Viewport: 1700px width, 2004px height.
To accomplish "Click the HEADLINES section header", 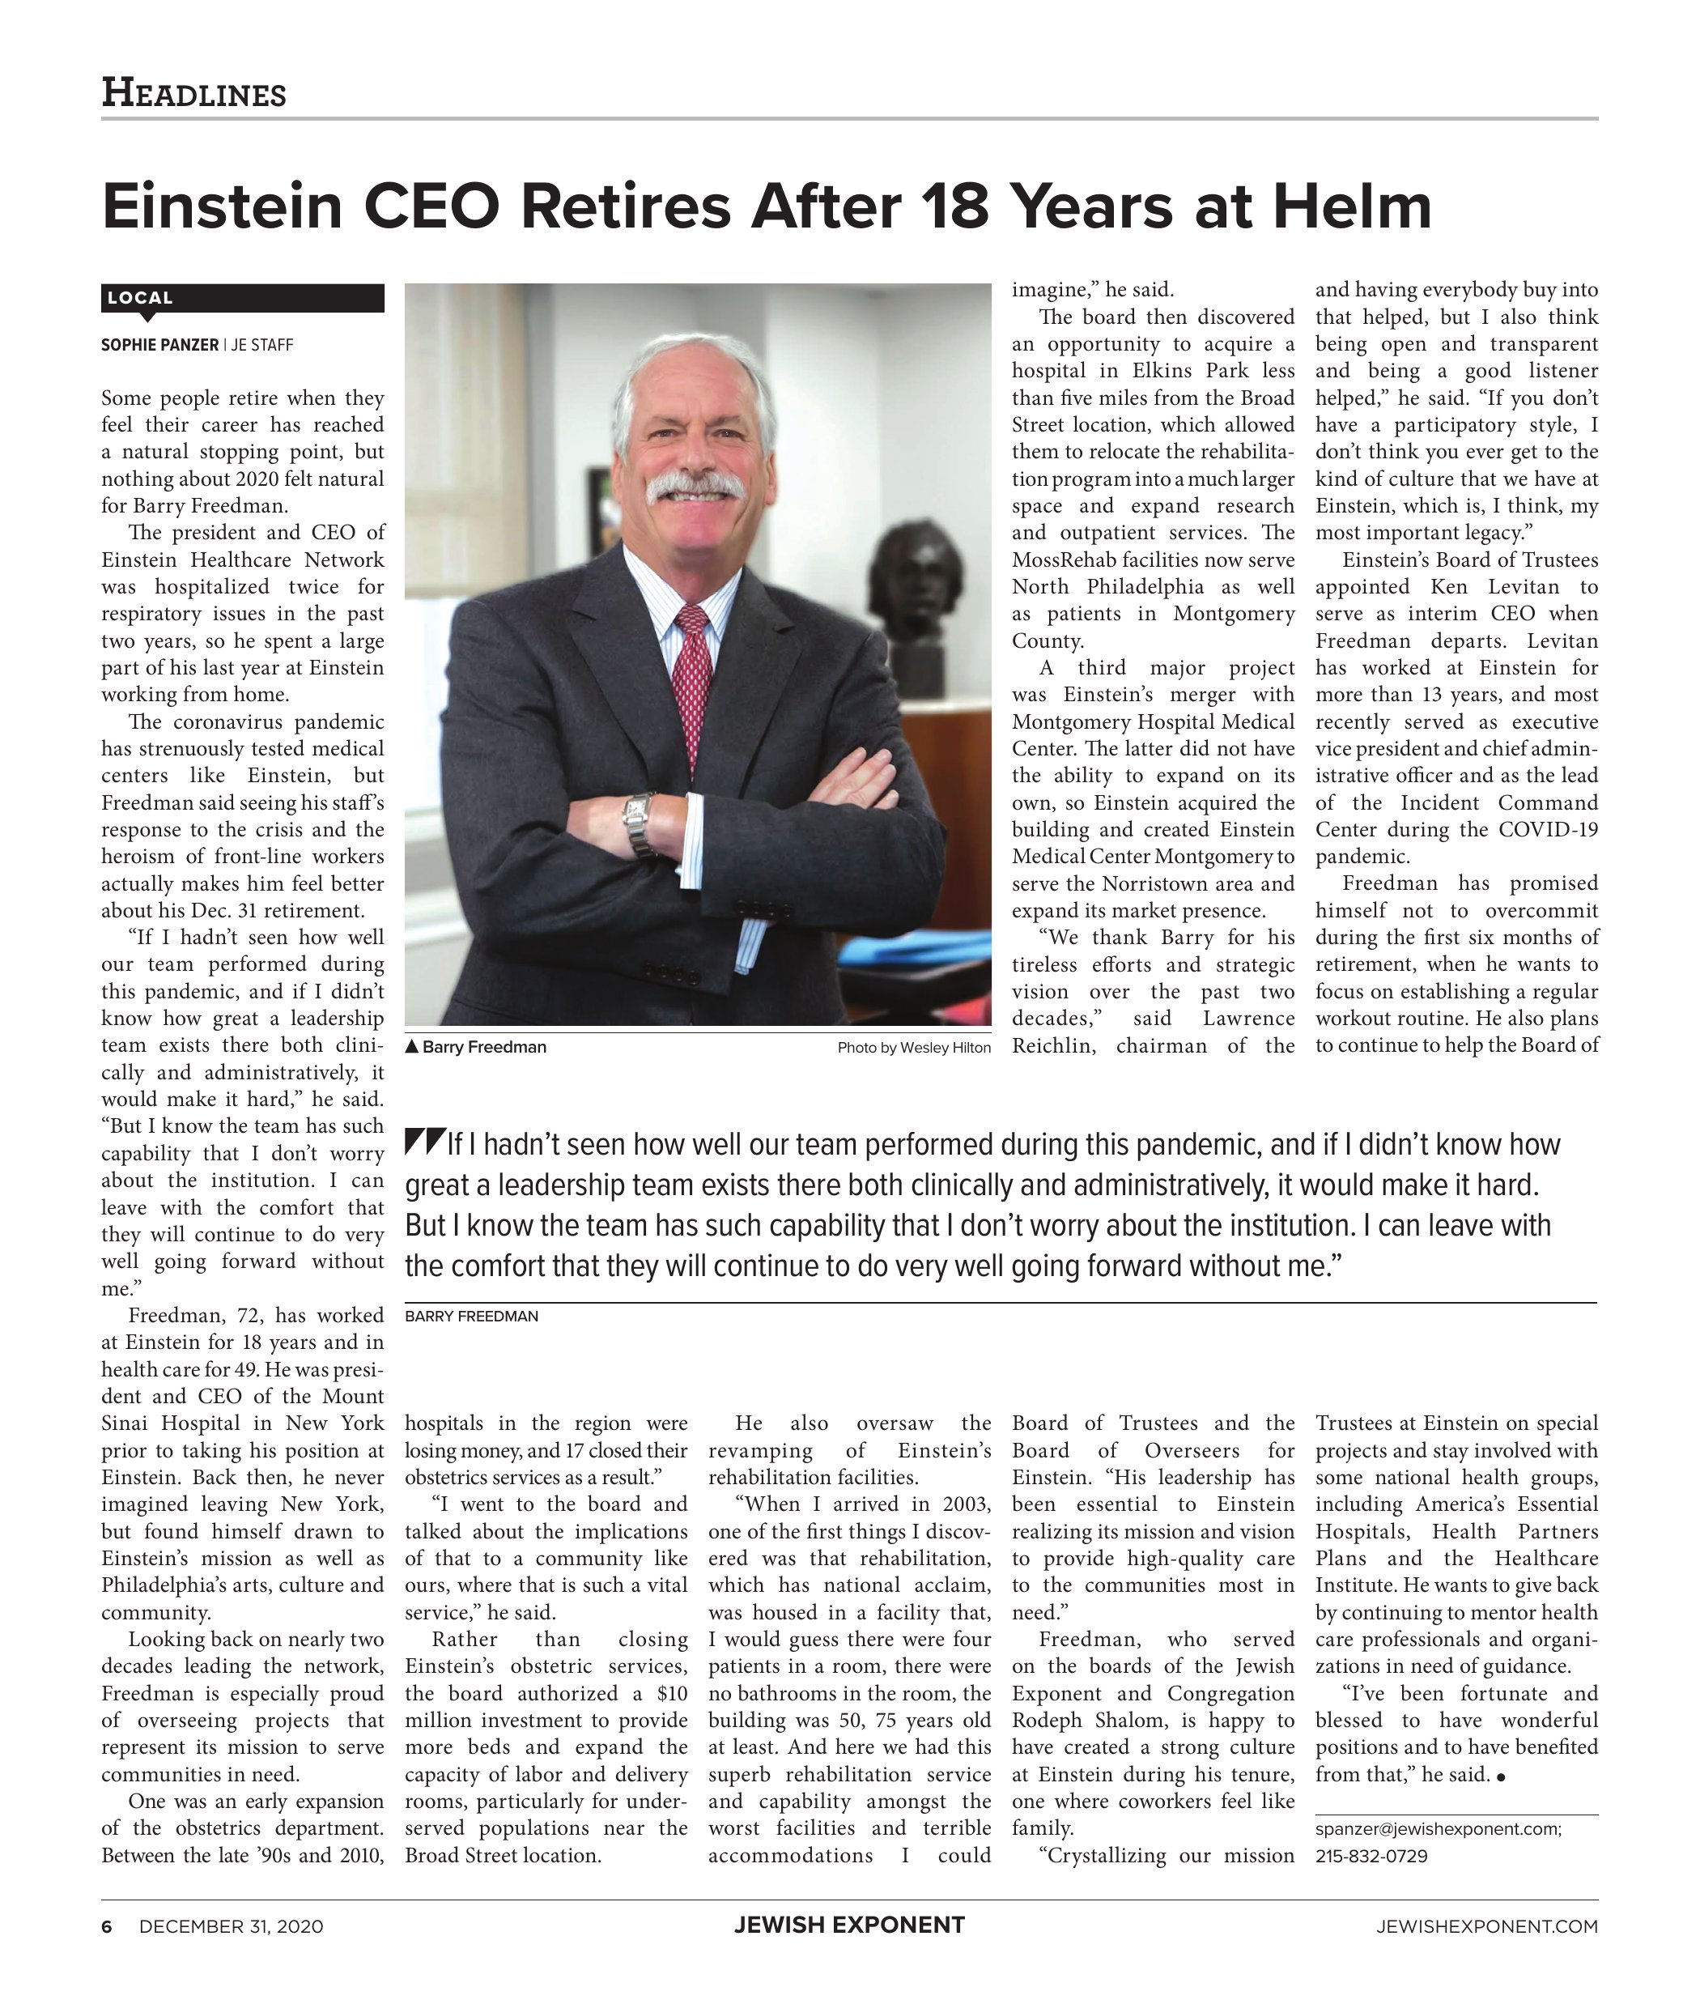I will click(x=193, y=93).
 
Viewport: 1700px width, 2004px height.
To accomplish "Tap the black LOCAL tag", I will click(x=141, y=298).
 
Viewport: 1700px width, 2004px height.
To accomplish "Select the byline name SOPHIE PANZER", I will click(x=160, y=345).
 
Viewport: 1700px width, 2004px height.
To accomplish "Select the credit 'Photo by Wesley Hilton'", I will click(x=914, y=1048).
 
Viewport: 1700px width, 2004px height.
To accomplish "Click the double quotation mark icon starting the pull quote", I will click(x=424, y=1142).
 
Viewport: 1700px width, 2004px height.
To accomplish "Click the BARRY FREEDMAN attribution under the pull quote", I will click(x=471, y=1317).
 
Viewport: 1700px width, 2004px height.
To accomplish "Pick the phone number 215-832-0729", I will click(x=1371, y=1856).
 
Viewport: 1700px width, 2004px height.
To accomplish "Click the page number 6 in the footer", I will click(x=107, y=1927).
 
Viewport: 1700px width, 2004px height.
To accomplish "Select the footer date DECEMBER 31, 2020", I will click(x=232, y=1927).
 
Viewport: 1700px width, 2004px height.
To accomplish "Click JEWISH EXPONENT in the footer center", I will click(x=849, y=1926).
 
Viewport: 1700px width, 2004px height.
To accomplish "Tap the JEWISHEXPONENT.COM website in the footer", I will click(x=1487, y=1927).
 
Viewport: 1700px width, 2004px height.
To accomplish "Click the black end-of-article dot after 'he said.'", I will click(x=1502, y=1777).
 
